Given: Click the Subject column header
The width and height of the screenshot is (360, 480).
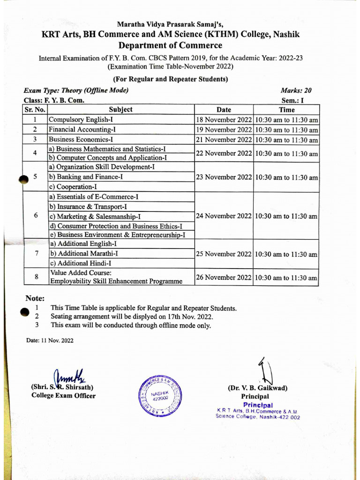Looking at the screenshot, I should pyautogui.click(x=120, y=110).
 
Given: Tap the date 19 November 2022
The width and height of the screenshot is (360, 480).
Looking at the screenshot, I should pyautogui.click(x=224, y=130).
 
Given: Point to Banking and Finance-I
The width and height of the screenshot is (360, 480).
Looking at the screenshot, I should pyautogui.click(x=86, y=177).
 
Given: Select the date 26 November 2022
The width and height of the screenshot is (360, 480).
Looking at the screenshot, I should pyautogui.click(x=224, y=277).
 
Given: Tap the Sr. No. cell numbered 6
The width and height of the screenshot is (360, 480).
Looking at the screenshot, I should pyautogui.click(x=36, y=216).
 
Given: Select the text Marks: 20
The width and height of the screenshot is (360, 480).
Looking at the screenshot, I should pyautogui.click(x=296, y=91).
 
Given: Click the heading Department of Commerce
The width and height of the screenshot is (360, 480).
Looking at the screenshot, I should pyautogui.click(x=170, y=45).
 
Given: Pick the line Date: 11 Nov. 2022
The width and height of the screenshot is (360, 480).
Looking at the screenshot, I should pyautogui.click(x=50, y=341).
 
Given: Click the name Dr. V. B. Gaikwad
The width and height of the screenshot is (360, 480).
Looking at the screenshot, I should pyautogui.click(x=257, y=388).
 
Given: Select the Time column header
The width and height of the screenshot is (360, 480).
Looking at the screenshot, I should pyautogui.click(x=286, y=110).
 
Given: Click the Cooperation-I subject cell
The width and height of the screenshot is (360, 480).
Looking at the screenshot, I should pyautogui.click(x=70, y=187).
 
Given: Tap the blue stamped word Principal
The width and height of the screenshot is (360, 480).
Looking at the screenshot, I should pyautogui.click(x=258, y=405).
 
